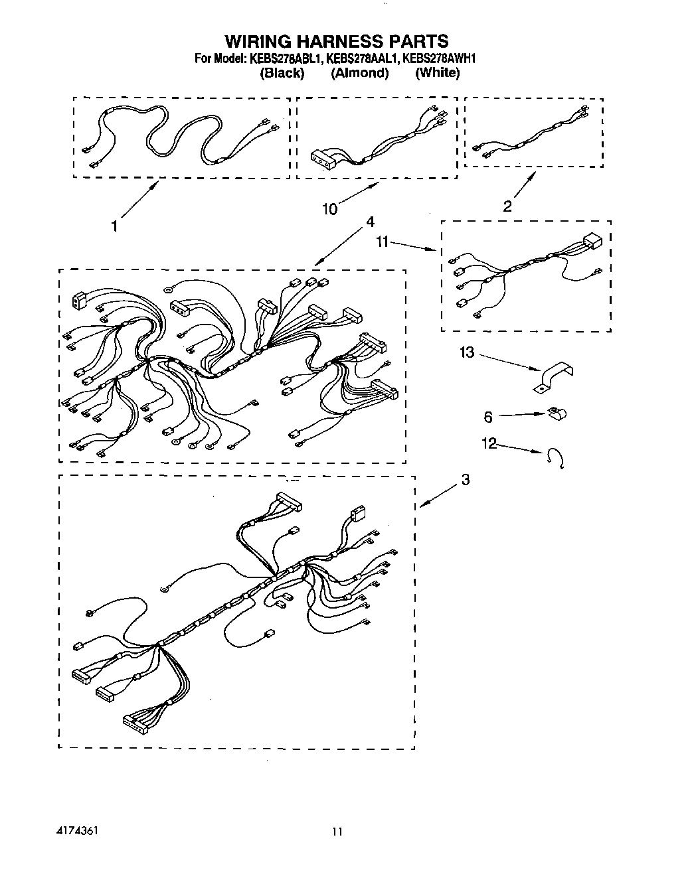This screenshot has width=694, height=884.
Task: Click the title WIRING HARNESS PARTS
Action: point(335,42)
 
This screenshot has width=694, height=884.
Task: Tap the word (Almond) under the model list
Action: point(359,73)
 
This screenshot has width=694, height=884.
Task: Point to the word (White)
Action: point(437,73)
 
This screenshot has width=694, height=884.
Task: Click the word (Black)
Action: point(282,73)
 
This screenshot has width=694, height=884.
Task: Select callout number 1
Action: point(114,227)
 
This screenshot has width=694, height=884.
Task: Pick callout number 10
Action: point(329,210)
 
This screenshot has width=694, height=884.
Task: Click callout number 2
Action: point(507,206)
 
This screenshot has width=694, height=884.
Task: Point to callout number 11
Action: point(382,243)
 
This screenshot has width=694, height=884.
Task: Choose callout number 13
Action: point(468,352)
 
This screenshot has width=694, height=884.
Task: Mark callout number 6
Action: point(488,417)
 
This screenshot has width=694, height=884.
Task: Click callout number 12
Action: point(489,443)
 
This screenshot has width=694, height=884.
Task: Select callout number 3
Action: point(465,479)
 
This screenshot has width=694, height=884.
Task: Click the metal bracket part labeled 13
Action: point(555,376)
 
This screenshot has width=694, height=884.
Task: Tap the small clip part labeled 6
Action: point(556,415)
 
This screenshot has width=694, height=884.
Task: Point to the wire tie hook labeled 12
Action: point(555,458)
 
